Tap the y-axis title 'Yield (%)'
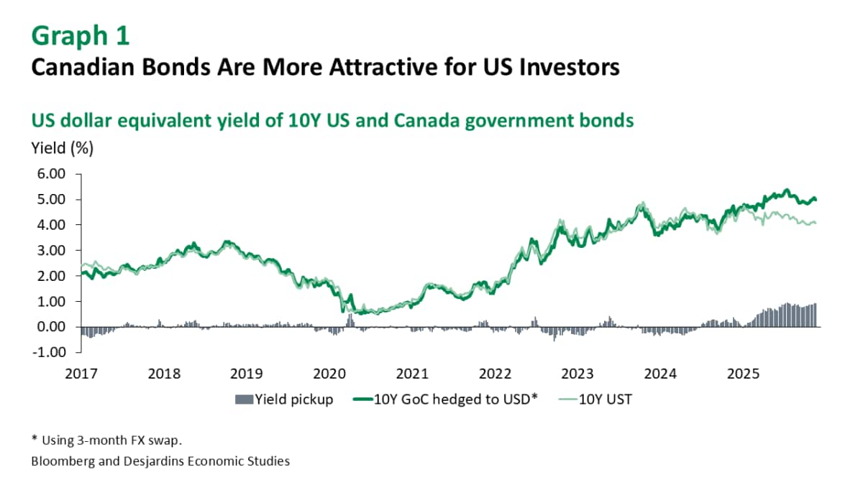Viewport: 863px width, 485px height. [x=62, y=149]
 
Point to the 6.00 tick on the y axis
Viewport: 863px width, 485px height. [x=50, y=174]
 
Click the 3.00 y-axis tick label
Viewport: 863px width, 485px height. [x=50, y=250]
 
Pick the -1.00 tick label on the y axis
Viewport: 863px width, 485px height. [x=49, y=352]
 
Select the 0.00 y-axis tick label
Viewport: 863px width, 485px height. [x=50, y=327]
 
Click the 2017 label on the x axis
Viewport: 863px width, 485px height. [x=81, y=374]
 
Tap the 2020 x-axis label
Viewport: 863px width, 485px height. [x=330, y=374]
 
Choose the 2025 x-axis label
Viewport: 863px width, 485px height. [x=744, y=374]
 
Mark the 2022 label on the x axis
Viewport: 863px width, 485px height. [x=496, y=374]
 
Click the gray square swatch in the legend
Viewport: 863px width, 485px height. [x=241, y=399]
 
